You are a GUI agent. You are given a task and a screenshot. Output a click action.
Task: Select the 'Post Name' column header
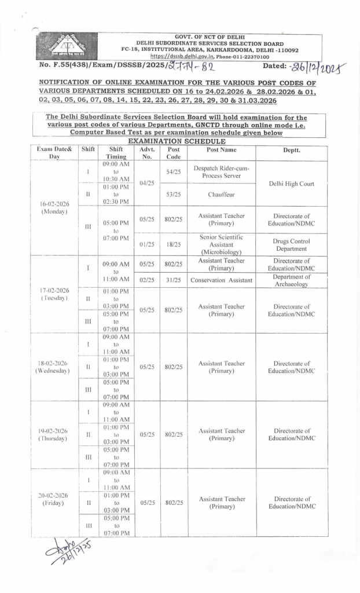coord(221,149)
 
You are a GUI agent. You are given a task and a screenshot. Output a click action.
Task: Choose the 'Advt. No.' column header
coord(147,153)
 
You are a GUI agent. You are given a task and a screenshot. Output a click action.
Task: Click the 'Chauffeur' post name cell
coord(221,195)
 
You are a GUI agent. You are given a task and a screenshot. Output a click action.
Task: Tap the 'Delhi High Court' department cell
coord(291,184)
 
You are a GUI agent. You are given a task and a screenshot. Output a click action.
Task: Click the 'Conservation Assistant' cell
coord(221,281)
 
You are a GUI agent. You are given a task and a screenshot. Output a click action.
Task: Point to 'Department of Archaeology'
coord(291,281)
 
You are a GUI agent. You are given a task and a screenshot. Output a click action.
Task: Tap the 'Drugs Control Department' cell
coord(291,244)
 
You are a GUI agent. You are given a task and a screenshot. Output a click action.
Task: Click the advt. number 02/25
coord(147,281)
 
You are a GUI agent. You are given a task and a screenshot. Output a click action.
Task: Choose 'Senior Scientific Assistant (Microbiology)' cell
coord(221,244)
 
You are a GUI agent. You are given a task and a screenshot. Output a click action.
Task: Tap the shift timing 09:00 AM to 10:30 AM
coord(116,172)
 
